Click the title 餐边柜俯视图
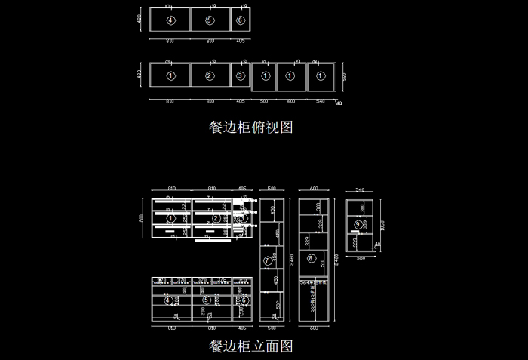pyautogui.click(x=250, y=128)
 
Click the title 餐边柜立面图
pyautogui.click(x=250, y=346)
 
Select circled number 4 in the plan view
pyautogui.click(x=170, y=20)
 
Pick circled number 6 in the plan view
pyautogui.click(x=240, y=20)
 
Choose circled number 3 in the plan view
pyautogui.click(x=240, y=75)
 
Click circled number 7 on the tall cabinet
pyautogui.click(x=266, y=260)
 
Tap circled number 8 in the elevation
pyautogui.click(x=311, y=259)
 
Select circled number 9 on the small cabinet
pyautogui.click(x=358, y=224)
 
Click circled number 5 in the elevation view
pyautogui.click(x=206, y=299)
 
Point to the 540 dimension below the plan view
pyautogui.click(x=320, y=100)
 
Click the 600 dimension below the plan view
pyautogui.click(x=291, y=100)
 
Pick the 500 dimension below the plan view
pyautogui.click(x=264, y=100)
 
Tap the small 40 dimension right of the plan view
pyautogui.click(x=339, y=103)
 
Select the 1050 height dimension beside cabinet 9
pyautogui.click(x=384, y=224)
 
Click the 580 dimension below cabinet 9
pyautogui.click(x=361, y=258)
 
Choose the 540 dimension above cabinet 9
pyautogui.click(x=360, y=190)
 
